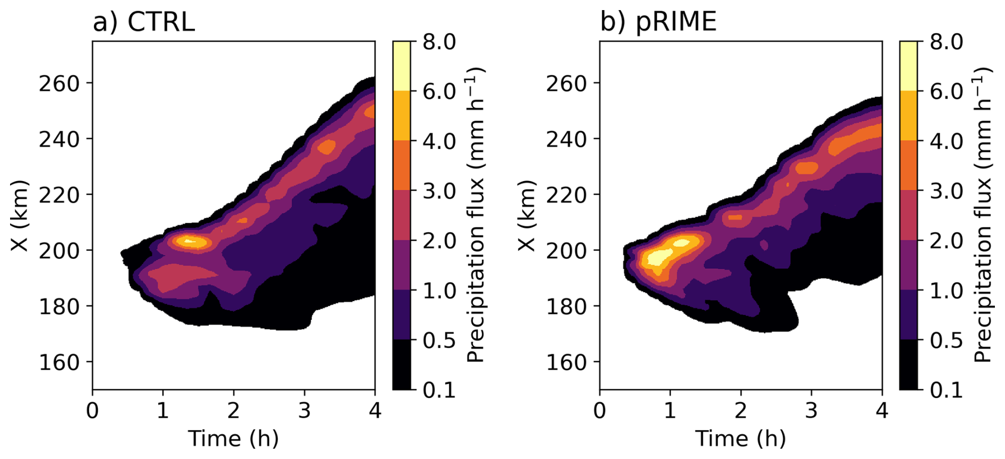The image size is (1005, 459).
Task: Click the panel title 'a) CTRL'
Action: (143, 22)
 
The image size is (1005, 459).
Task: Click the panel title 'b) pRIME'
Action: (658, 22)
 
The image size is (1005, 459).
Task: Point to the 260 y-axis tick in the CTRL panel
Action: (58, 83)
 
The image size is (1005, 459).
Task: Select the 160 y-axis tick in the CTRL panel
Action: (58, 362)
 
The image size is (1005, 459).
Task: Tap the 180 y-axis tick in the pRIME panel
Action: (566, 307)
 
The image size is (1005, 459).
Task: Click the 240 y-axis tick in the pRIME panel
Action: (566, 139)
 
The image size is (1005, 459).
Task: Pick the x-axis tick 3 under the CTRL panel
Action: (304, 410)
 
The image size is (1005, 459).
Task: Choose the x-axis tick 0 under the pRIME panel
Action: (600, 410)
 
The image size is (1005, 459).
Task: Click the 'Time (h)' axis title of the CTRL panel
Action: (234, 439)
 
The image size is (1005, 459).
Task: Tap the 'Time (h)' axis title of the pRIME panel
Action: (741, 439)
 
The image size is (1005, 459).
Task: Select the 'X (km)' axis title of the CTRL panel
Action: (19, 216)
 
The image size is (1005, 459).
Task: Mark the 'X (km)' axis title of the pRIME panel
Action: (526, 216)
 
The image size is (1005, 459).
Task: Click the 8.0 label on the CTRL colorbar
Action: (439, 41)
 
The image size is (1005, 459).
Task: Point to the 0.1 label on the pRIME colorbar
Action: (947, 390)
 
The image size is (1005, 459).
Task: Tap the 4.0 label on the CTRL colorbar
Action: (439, 141)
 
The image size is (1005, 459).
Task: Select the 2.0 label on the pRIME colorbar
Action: (947, 241)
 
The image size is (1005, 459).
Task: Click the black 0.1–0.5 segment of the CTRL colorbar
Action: (402, 364)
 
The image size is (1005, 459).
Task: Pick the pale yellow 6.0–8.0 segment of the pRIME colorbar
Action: (909, 66)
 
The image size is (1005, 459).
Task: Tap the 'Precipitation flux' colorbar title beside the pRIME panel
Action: (982, 215)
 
